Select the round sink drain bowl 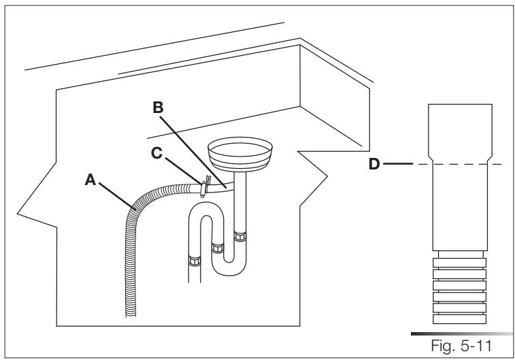coord(238,152)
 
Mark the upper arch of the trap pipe coord(202,216)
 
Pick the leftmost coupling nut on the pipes coord(192,259)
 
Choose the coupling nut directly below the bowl coord(239,237)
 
